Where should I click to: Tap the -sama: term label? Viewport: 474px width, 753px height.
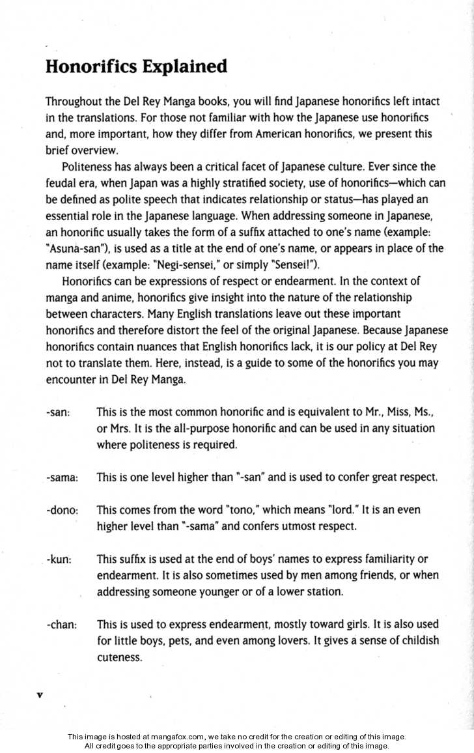point(63,477)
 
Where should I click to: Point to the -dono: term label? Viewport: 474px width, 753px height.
point(63,510)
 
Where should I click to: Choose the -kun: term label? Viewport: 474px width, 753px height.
point(59,560)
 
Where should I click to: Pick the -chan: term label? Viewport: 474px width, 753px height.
point(62,625)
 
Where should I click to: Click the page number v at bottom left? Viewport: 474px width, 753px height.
point(40,695)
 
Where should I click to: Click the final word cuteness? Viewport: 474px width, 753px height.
point(119,657)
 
